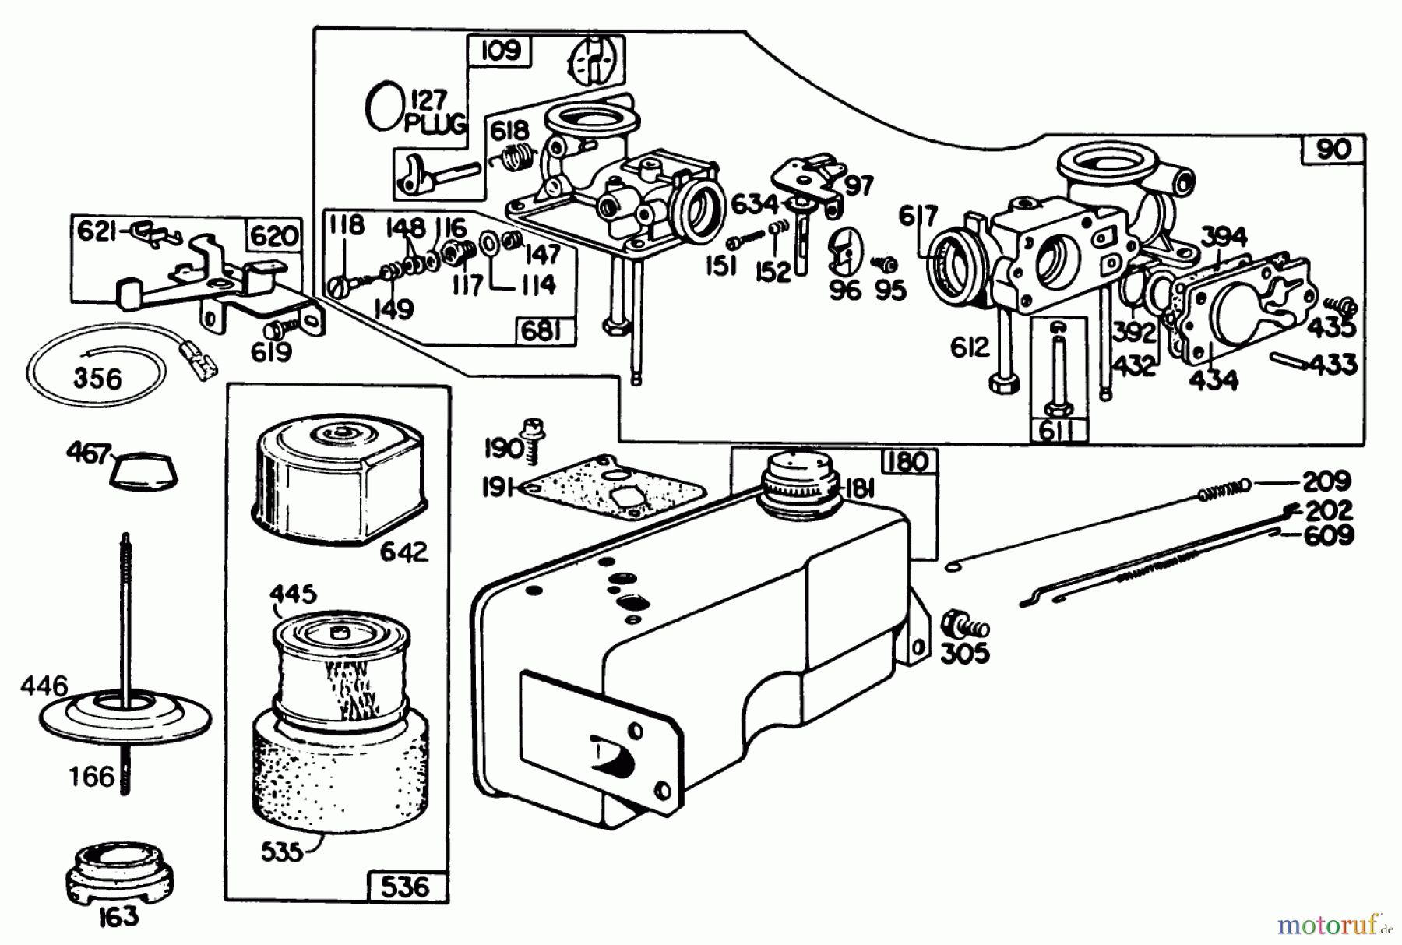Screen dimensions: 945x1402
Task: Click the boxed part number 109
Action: (499, 51)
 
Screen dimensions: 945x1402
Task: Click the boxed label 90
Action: (1333, 149)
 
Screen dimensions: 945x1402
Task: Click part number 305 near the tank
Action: (965, 653)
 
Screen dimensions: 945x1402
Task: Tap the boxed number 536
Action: (405, 887)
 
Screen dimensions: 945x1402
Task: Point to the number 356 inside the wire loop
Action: (98, 379)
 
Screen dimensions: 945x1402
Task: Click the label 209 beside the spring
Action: (1326, 481)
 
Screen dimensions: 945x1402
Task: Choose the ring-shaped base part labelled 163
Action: (118, 869)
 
